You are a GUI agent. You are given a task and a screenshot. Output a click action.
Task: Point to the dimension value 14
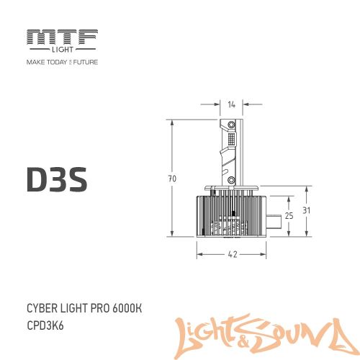(x=231, y=105)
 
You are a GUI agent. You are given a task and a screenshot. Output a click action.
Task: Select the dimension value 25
(x=289, y=215)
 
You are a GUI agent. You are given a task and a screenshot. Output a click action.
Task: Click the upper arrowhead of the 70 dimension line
(x=173, y=122)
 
